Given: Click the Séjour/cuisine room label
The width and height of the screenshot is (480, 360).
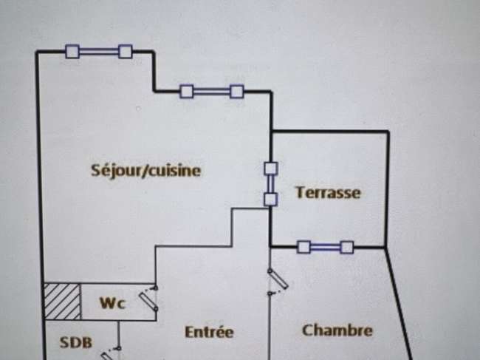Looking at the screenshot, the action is (x=145, y=170).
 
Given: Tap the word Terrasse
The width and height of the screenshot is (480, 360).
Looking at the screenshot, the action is (x=328, y=192).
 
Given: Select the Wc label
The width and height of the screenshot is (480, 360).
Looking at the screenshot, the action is (x=113, y=303).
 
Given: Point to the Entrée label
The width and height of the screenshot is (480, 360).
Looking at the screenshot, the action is (x=210, y=332).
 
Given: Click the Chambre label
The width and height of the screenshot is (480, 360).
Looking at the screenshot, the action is (x=337, y=330).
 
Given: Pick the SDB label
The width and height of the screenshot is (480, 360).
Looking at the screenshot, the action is (x=75, y=342).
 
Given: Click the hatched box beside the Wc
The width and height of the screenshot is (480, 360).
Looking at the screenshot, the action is (x=63, y=302).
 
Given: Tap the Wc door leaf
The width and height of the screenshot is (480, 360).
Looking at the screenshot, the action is (x=148, y=300).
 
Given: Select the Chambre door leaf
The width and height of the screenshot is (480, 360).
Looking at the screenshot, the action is (x=278, y=279).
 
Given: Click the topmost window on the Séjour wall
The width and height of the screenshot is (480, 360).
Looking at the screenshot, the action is (x=99, y=51).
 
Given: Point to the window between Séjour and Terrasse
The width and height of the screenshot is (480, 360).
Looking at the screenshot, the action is (x=270, y=184).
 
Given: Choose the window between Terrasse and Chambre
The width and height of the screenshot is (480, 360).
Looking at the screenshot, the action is (x=326, y=247).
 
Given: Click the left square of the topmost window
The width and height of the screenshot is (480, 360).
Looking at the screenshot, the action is (x=72, y=51).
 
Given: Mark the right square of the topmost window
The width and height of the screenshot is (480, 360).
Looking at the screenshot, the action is (x=126, y=51).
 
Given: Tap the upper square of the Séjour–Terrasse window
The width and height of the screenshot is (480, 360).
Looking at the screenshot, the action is (x=271, y=169).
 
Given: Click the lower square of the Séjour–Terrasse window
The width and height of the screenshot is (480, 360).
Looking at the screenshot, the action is (x=271, y=200).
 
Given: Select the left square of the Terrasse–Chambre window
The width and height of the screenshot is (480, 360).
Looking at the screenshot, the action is (x=304, y=247).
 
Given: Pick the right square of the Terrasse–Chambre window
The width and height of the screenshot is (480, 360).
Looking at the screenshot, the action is (x=347, y=247).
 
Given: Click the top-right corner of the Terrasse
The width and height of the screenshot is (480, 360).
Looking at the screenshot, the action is (x=388, y=132).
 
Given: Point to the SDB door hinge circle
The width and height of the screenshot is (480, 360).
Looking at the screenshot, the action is (x=119, y=348).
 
